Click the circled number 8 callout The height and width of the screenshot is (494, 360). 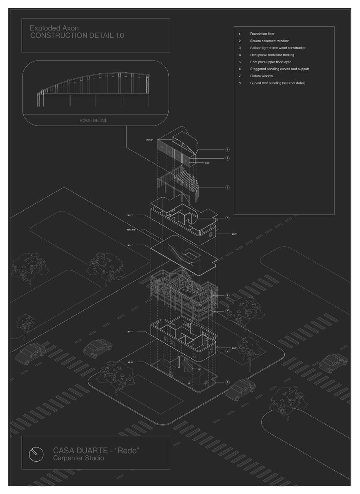(x=228, y=150)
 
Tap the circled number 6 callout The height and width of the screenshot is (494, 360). (x=228, y=187)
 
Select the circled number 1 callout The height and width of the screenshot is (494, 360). (x=228, y=382)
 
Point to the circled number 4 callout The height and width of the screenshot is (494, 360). (x=228, y=296)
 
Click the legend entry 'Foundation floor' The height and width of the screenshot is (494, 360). (x=262, y=34)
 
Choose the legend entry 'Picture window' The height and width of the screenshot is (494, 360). (x=261, y=76)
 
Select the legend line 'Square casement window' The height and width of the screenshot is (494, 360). (x=269, y=41)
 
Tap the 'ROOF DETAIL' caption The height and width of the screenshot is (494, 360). (x=93, y=120)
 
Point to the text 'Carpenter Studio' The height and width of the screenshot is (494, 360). (x=78, y=458)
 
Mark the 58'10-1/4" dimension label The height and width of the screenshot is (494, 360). (x=131, y=229)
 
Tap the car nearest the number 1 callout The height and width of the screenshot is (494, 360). (x=240, y=388)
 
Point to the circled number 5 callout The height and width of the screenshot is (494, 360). (x=228, y=218)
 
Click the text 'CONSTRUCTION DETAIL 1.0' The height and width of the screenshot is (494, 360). (x=77, y=36)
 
